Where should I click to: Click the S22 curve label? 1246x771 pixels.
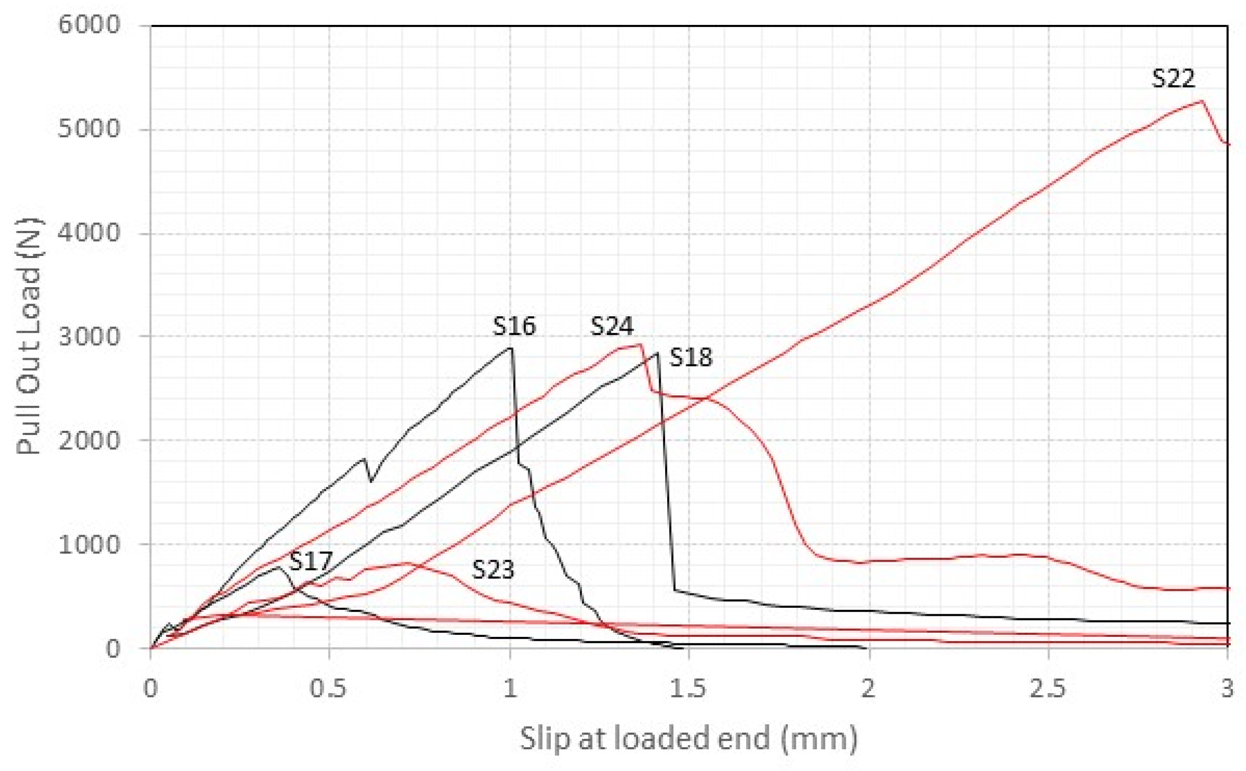(x=1173, y=79)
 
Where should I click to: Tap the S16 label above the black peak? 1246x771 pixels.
(x=514, y=326)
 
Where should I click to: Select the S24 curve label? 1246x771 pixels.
(x=612, y=326)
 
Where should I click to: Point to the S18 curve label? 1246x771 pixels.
(x=691, y=358)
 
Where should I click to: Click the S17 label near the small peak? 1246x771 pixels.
(x=311, y=561)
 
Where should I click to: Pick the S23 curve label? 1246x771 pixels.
(x=493, y=570)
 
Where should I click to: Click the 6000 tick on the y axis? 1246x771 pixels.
(x=89, y=25)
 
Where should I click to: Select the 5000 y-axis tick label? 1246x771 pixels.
(x=89, y=129)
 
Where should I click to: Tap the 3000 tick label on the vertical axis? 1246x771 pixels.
(x=89, y=336)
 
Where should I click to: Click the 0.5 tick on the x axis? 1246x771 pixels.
(x=329, y=688)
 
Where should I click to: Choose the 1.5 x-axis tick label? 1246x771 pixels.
(x=688, y=688)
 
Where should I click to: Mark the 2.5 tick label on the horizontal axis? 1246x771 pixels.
(x=1047, y=688)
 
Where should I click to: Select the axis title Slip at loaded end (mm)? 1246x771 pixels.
(x=688, y=738)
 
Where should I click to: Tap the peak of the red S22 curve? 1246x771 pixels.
(x=1202, y=101)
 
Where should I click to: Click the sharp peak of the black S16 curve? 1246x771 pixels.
(x=511, y=348)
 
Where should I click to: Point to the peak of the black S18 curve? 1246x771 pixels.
(x=657, y=353)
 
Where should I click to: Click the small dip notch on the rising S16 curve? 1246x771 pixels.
(x=370, y=481)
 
